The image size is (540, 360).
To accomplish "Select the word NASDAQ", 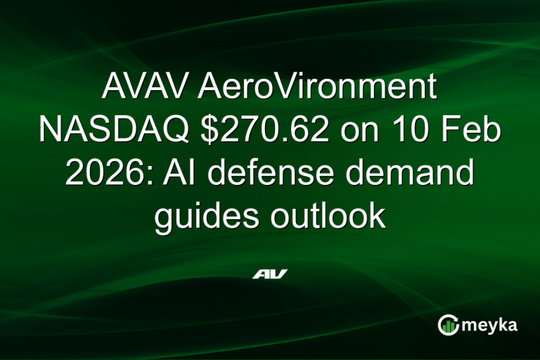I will click(x=112, y=131).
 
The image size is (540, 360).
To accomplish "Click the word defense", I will click(x=270, y=173).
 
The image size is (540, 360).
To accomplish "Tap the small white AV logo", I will click(x=270, y=274).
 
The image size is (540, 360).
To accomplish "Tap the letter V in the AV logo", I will click(x=278, y=274).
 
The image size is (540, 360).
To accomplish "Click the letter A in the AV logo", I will click(x=261, y=274).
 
